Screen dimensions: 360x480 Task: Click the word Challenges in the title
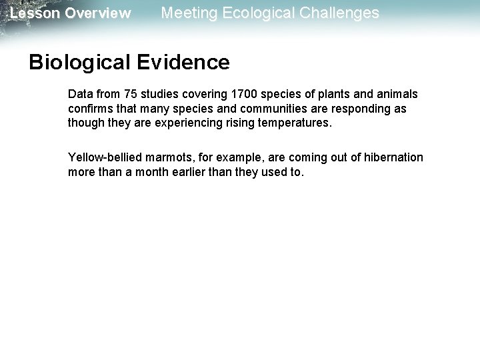coord(341,13)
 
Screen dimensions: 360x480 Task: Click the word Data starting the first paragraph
coord(79,94)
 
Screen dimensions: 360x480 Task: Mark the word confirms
coord(90,109)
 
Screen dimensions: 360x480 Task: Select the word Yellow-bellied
coord(105,157)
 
